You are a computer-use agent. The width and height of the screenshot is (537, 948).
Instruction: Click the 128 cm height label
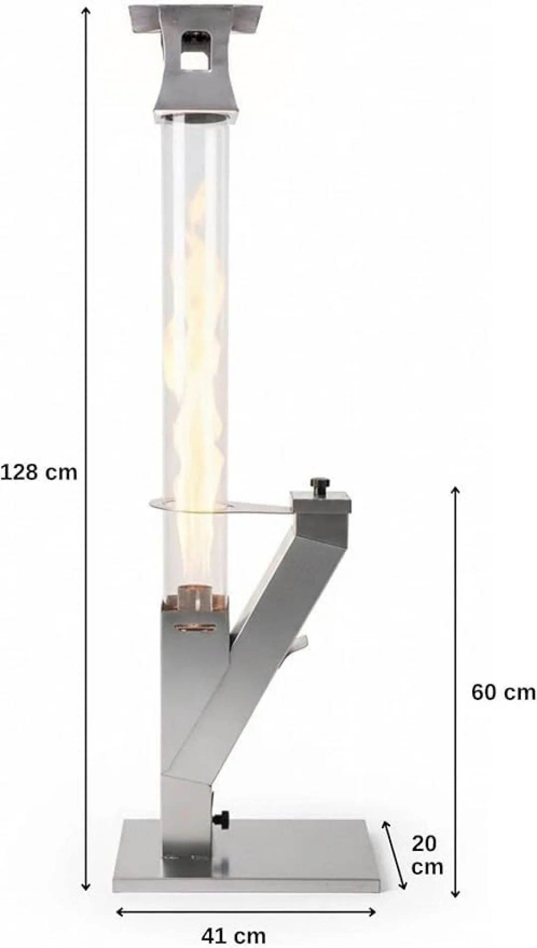[x=39, y=472]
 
